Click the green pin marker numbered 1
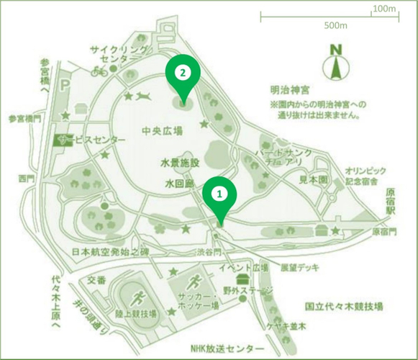pos(221,194)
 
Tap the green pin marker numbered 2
pos(182,73)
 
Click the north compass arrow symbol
pos(335,66)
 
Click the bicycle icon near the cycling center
pos(99,71)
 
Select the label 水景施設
pos(180,164)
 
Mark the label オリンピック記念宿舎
pos(367,176)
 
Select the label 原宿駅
pos(391,198)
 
